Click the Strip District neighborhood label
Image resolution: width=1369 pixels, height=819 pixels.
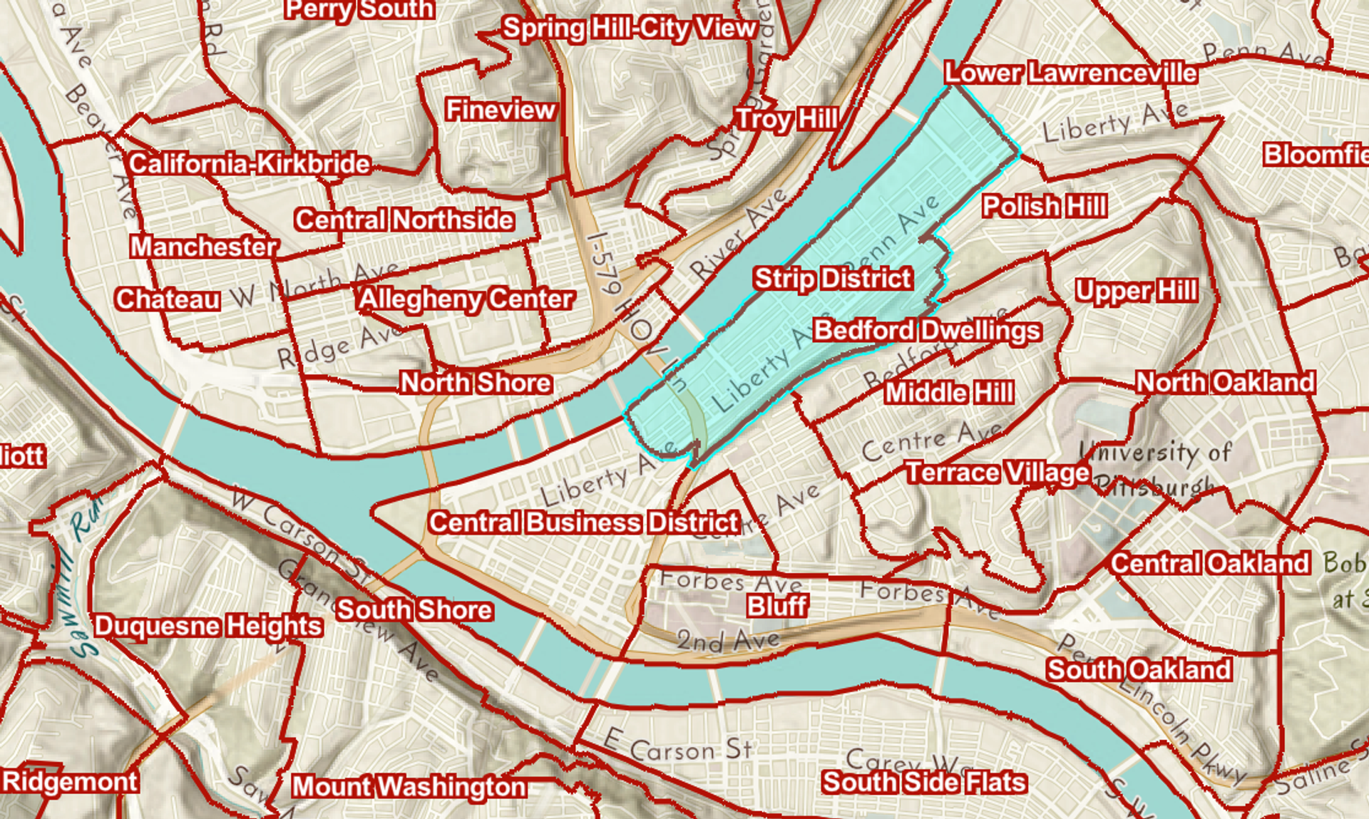click(833, 279)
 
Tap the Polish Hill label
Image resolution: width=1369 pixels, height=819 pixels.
click(1045, 207)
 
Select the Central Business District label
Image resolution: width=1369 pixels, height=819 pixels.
click(584, 522)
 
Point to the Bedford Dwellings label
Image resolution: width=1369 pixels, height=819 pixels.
click(927, 331)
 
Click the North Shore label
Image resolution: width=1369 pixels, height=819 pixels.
click(476, 383)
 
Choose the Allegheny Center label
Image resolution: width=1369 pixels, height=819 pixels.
click(466, 299)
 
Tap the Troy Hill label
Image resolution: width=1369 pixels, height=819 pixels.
click(786, 119)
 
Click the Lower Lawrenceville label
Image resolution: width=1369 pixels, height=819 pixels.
click(1070, 73)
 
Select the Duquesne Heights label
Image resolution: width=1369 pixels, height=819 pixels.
click(208, 627)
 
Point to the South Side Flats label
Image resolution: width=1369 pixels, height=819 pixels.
click(924, 782)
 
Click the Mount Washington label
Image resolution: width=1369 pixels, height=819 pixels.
click(409, 786)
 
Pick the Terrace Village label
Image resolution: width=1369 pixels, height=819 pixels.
click(998, 473)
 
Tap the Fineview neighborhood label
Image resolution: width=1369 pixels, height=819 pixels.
click(501, 110)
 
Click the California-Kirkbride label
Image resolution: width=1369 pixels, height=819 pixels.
click(250, 164)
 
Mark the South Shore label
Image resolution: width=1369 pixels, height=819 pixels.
click(414, 610)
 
